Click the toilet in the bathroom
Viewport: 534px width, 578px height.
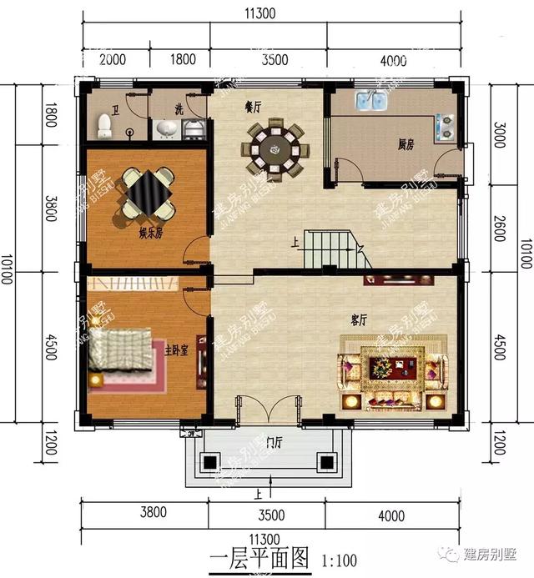[104, 126]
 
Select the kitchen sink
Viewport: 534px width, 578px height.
[371, 103]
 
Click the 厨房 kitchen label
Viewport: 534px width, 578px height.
[406, 144]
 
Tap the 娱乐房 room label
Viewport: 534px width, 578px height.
[150, 234]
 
